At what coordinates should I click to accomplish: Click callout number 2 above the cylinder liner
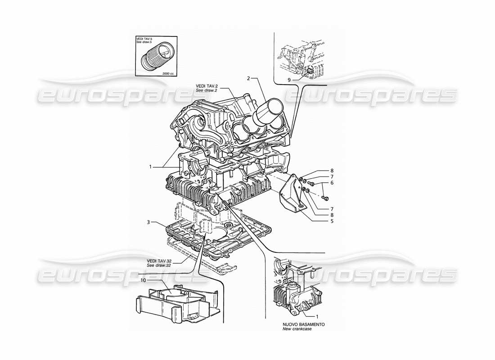pos(248,78)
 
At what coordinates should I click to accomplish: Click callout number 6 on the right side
pos(332,183)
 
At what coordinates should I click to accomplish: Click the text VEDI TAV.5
pos(144,39)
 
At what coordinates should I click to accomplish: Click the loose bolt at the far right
pos(326,198)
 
